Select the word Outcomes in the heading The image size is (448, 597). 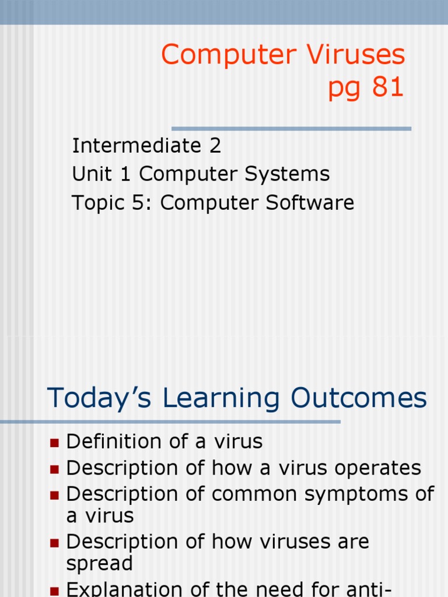point(359,398)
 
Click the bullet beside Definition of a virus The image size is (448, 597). point(55,443)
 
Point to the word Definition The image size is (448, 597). point(112,442)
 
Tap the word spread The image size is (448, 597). point(100,564)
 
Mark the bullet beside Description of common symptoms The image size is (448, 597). point(55,495)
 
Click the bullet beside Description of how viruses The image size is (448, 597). point(55,543)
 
